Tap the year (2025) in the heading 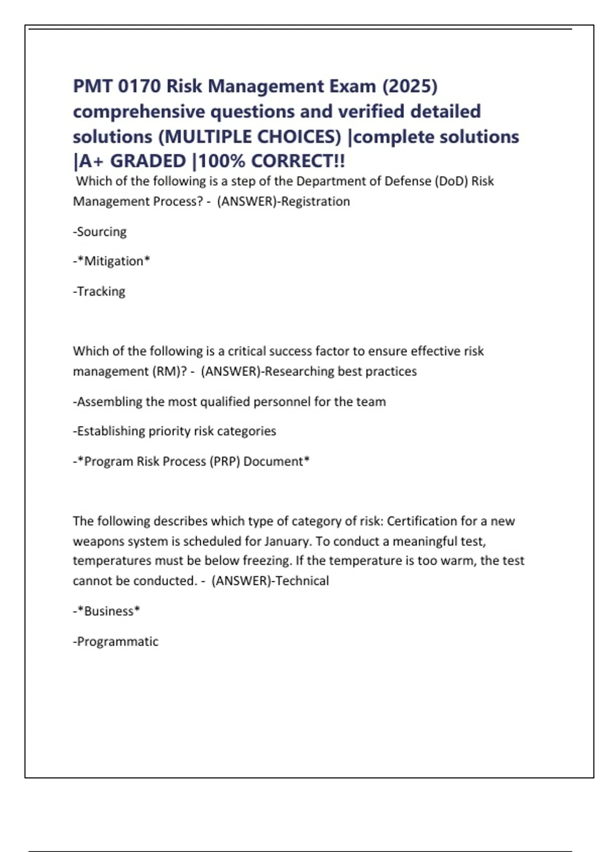[x=410, y=86]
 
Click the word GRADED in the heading [x=148, y=161]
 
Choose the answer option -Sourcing [x=100, y=232]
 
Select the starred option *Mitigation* [x=112, y=261]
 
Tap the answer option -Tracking [x=99, y=291]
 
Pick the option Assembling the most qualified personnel [x=229, y=401]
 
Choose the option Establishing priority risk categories [x=175, y=431]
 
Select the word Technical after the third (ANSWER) [x=303, y=581]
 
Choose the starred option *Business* [x=107, y=611]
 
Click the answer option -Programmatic [x=116, y=642]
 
